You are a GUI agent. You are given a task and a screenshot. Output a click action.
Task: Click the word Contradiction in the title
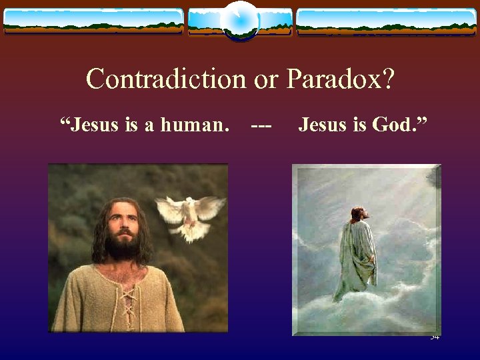[167, 79]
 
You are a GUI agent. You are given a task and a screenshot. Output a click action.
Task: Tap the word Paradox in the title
[334, 79]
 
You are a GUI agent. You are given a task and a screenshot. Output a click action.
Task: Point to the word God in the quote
[391, 124]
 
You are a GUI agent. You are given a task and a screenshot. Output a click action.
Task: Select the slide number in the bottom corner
[435, 337]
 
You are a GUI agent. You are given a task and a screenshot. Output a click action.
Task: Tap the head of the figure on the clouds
[359, 215]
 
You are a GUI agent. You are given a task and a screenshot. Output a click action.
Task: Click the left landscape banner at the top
[93, 21]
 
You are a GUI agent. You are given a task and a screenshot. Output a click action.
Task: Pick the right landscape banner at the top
[387, 21]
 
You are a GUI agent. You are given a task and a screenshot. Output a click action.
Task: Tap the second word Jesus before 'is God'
[319, 124]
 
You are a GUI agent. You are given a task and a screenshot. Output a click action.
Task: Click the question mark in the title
[388, 79]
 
